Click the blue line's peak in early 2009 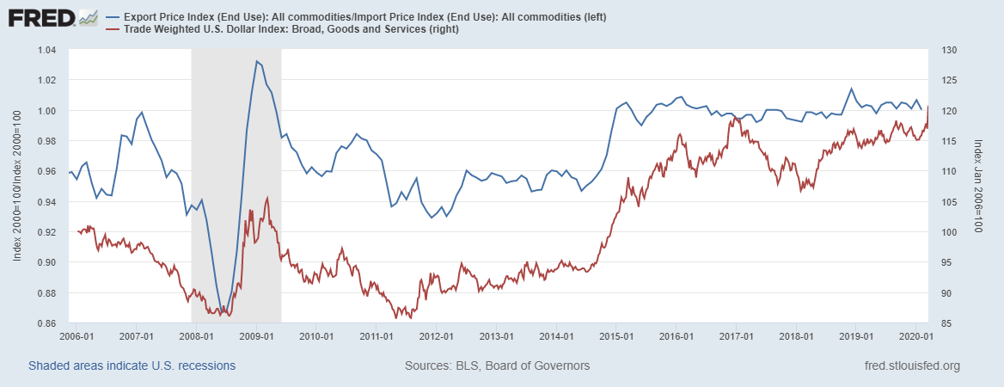[256, 61]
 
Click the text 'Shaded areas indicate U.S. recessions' [132, 365]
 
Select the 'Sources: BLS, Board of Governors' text [497, 365]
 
